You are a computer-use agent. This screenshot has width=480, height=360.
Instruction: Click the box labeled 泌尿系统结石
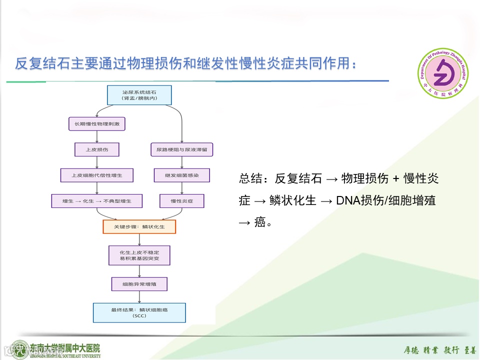139,94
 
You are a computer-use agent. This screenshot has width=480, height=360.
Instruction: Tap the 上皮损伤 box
96,149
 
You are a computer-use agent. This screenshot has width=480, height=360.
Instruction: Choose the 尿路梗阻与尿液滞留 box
181,149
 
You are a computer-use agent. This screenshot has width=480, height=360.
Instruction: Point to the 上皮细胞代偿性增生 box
96,175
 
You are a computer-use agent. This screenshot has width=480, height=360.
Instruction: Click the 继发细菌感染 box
181,175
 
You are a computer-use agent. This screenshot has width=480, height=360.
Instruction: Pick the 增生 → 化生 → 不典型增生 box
96,201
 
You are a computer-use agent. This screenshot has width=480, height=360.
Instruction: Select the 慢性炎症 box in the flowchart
181,201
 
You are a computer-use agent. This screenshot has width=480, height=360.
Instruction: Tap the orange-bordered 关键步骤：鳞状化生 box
139,226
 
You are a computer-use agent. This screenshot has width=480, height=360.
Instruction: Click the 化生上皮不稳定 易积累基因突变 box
139,255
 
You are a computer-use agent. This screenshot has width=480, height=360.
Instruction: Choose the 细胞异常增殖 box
139,284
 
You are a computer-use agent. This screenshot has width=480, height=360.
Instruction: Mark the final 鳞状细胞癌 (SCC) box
139,312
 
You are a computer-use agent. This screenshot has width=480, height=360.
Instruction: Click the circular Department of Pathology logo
444,75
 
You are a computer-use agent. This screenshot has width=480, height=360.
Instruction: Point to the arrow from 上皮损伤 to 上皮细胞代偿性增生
96,162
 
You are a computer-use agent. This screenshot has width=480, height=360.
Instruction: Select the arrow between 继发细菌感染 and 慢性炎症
181,188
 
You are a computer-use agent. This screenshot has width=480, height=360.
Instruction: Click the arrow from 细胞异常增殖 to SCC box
139,297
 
